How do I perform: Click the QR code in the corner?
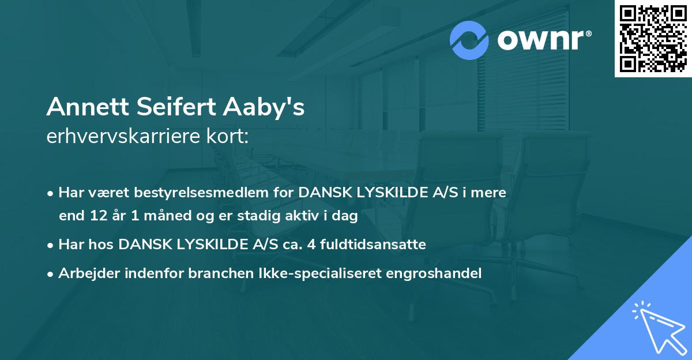pos(653,39)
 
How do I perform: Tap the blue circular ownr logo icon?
pos(469,40)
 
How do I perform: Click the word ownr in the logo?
pos(543,41)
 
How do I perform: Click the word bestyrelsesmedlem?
pos(196,193)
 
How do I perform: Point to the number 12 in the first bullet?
pos(96,216)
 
